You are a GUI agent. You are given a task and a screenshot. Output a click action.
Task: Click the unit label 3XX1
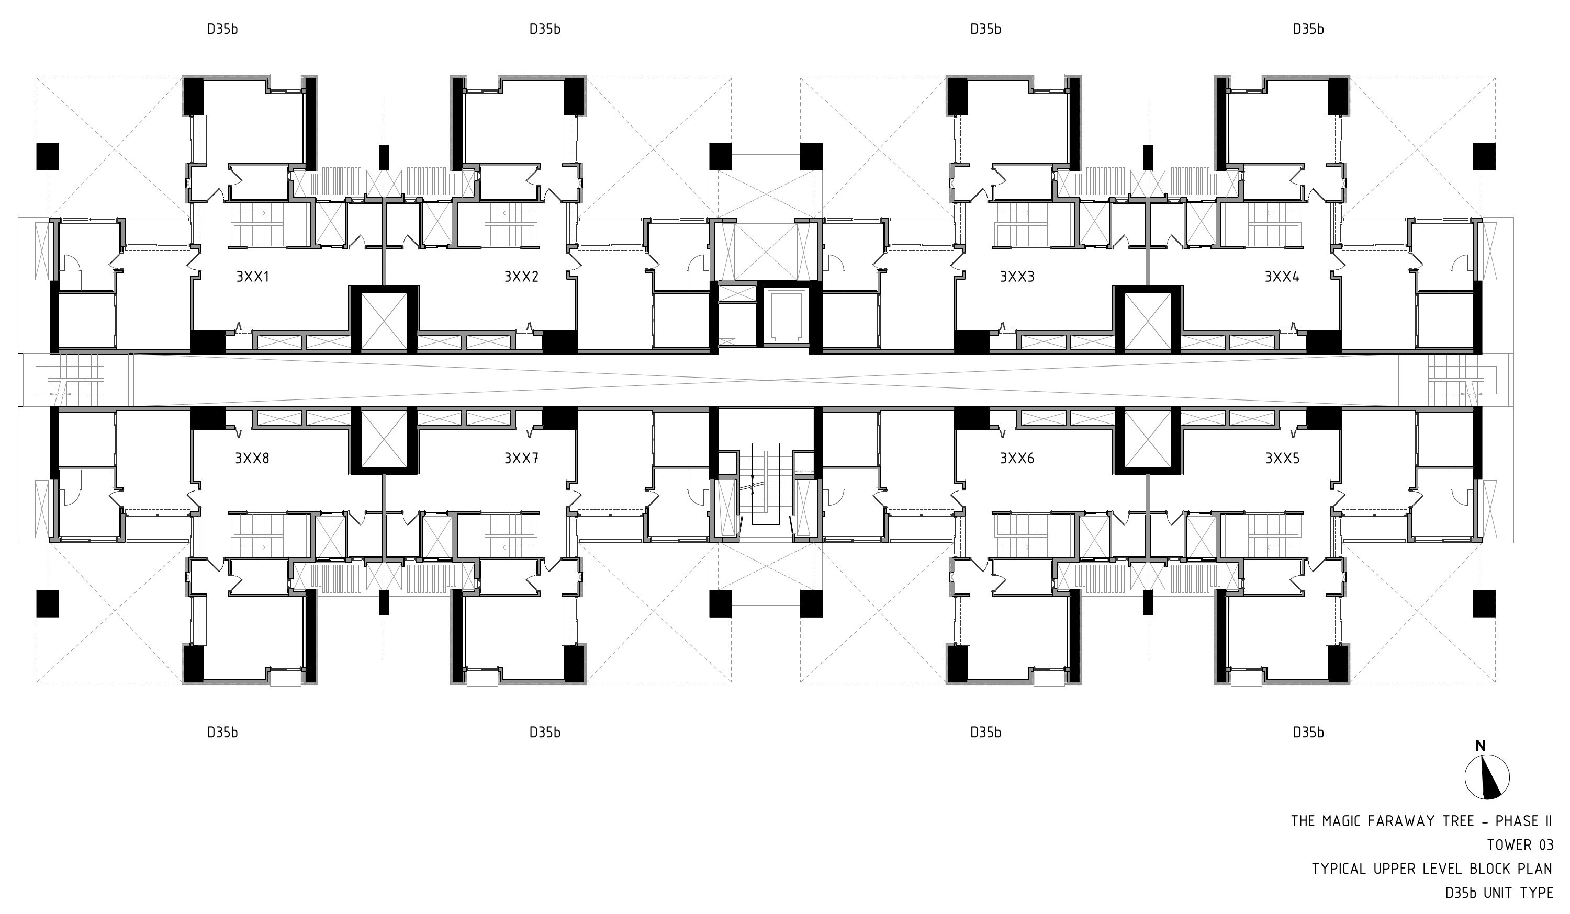tap(252, 277)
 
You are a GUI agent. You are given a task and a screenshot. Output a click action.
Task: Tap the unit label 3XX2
tap(521, 277)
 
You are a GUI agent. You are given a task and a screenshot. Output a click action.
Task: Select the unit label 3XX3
tap(1017, 277)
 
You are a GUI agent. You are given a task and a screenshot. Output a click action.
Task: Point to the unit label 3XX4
tap(1282, 277)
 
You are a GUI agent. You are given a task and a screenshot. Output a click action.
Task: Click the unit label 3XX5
tap(1282, 458)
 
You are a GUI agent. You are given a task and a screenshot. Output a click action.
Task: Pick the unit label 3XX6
tap(1017, 458)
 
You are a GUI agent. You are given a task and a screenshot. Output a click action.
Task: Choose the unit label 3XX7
tap(521, 458)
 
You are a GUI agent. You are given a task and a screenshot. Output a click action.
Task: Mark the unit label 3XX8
tap(252, 458)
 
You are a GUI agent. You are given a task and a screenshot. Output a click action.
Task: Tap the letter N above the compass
tap(1481, 745)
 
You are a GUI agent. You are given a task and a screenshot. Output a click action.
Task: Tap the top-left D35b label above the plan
tap(222, 29)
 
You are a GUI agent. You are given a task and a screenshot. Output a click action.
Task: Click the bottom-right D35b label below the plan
tap(1308, 732)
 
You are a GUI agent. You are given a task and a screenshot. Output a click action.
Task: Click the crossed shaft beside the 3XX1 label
tap(384, 320)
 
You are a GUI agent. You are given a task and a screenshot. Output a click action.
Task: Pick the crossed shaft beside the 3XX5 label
tap(1148, 440)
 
